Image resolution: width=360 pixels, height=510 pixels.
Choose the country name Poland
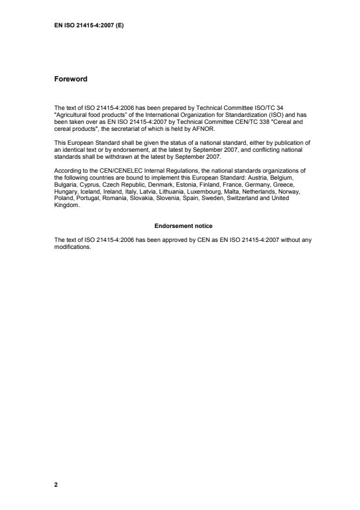(x=63, y=198)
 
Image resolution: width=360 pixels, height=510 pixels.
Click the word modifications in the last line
(x=73, y=245)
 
